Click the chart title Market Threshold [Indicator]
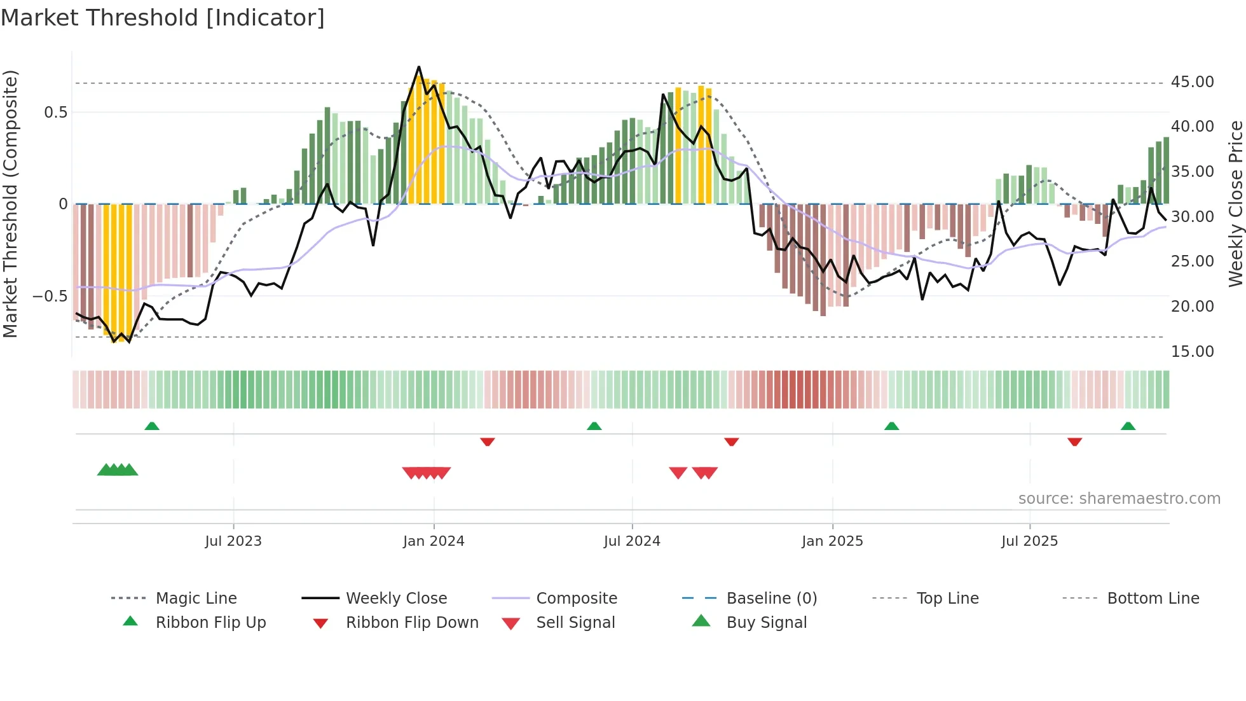point(163,18)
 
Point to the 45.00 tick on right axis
point(1192,82)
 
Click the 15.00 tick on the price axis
point(1192,352)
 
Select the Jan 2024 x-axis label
point(434,541)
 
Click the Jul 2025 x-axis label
point(1029,541)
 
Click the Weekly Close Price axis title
point(1235,204)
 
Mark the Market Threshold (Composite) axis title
point(10,204)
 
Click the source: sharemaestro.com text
point(1119,499)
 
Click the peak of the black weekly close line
point(419,66)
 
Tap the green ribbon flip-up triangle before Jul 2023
point(152,426)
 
